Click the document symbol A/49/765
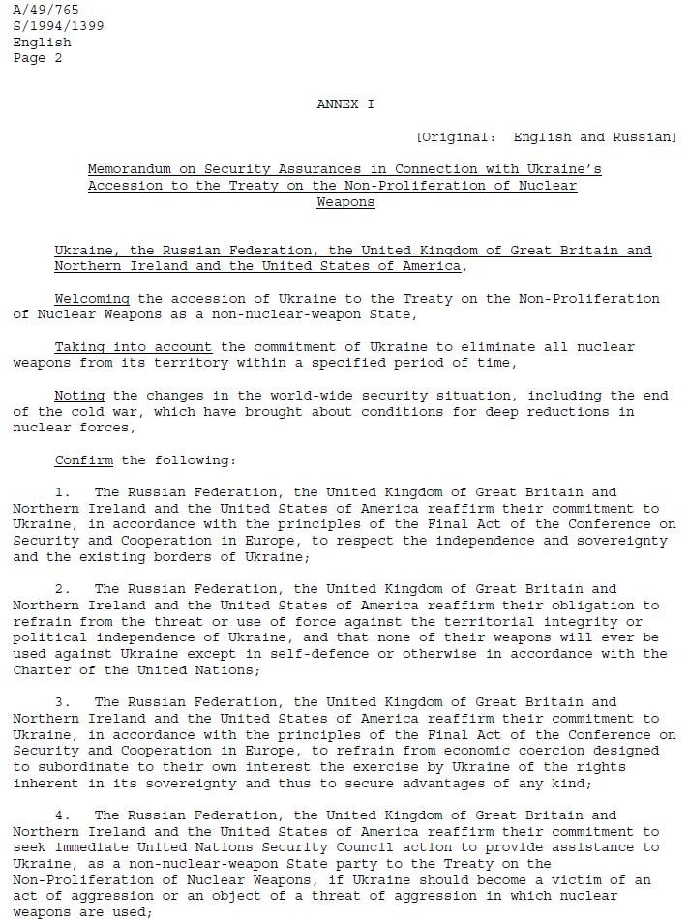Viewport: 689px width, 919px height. point(45,10)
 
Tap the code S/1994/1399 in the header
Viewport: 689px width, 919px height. point(58,26)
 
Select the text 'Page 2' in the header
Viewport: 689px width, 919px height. point(38,58)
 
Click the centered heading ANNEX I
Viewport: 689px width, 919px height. point(345,104)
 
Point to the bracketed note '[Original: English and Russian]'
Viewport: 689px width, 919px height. point(546,137)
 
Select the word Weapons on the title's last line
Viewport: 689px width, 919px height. point(345,202)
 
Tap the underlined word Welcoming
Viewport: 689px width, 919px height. point(92,299)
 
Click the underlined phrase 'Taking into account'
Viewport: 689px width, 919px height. point(133,347)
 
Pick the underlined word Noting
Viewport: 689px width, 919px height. point(79,396)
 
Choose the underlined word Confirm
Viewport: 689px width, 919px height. point(83,460)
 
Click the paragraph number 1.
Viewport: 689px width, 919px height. point(62,492)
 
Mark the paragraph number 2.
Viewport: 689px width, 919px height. point(62,589)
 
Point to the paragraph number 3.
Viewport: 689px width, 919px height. point(62,702)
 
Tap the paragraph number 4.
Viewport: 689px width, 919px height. point(62,815)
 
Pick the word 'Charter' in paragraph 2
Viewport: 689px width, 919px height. point(42,670)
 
